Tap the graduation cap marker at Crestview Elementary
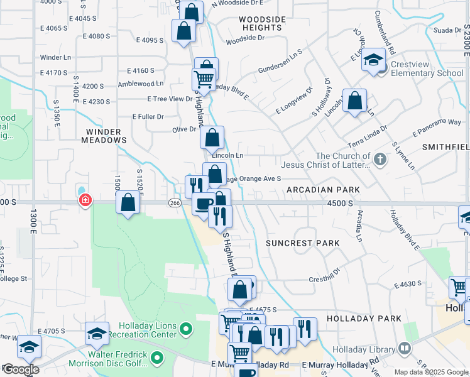[x=374, y=60]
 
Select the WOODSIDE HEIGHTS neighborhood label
[x=261, y=24]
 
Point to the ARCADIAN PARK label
[x=323, y=190]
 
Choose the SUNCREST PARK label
[x=302, y=243]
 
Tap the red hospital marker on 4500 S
[x=84, y=201]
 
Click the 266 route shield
[x=175, y=203]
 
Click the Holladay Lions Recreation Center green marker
[x=185, y=329]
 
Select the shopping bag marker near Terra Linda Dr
[x=354, y=101]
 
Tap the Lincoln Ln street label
[x=227, y=155]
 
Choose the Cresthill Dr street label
[x=324, y=280]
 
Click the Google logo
[x=21, y=370]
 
